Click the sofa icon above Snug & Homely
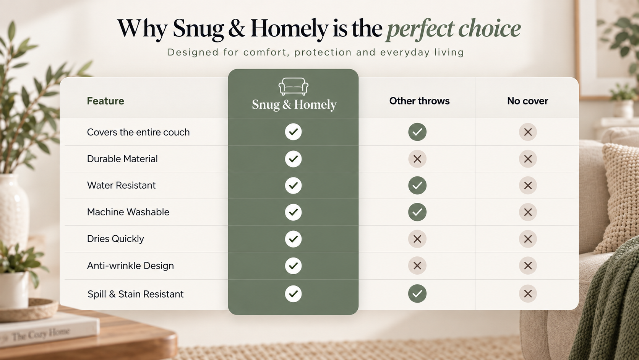point(293,86)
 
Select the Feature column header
point(105,101)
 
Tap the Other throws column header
point(419,101)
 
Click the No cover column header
point(527,101)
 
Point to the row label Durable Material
point(122,159)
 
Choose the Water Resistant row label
point(121,185)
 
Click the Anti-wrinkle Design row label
point(130,266)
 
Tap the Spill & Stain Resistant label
point(136,294)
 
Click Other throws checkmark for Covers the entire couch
point(417,132)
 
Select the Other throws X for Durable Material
point(417,159)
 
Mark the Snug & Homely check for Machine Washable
point(293,212)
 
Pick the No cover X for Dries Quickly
point(528,239)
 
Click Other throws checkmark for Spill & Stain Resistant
point(417,293)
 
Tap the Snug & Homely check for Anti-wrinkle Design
point(293,266)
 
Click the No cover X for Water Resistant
point(528,186)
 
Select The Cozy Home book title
point(41,334)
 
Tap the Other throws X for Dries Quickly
point(417,239)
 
